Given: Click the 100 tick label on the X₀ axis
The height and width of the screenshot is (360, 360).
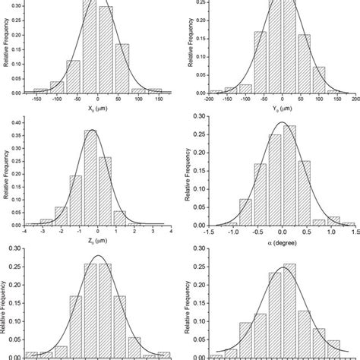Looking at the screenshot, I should click(x=137, y=99).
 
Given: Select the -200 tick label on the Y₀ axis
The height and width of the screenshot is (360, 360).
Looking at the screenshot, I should click(x=208, y=99).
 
